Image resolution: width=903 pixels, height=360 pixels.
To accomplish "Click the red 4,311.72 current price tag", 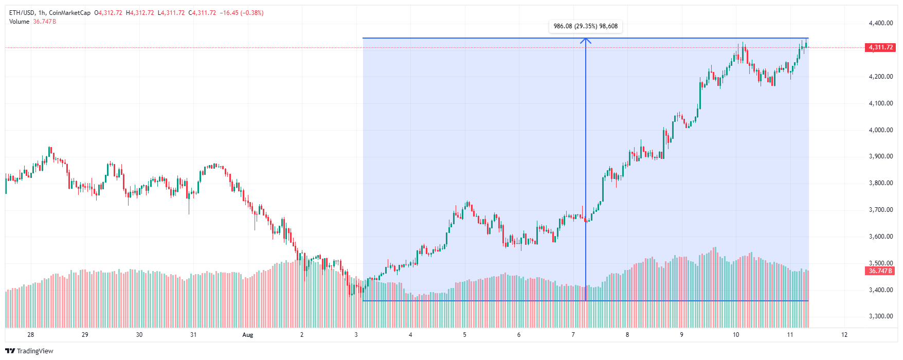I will pos(881,47).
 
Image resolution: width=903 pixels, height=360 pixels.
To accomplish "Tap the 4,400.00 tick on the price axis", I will pos(880,23).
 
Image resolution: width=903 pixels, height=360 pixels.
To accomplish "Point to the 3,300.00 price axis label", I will pos(880,316).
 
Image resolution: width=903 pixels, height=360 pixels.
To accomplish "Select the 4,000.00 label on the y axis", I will pos(880,130).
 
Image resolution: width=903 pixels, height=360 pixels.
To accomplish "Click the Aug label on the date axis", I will pos(248,335).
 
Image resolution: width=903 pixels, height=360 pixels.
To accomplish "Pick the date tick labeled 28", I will pos(31,335).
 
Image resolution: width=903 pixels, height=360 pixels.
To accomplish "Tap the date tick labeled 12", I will pos(844,335).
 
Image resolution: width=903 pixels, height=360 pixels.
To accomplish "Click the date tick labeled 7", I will pos(573,335).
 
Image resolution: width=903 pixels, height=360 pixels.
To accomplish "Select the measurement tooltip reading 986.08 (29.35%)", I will pos(585,26).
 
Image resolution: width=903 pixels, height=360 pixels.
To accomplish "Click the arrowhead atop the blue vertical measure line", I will pos(585,40).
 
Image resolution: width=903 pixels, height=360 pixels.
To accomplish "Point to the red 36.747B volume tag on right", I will pos(880,271).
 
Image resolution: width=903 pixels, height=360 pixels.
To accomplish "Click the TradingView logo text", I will pos(35,351).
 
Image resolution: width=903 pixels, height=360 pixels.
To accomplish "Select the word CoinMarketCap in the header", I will pos(69,13).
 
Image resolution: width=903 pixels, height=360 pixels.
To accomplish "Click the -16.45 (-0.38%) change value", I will pos(242,13).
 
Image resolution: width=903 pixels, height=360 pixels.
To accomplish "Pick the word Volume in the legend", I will pos(19,22).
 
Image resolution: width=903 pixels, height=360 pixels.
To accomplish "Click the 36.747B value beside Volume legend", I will pos(44,22).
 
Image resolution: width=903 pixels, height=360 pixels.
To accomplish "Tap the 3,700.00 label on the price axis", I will pos(880,210).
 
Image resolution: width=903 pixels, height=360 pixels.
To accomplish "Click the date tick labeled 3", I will pos(356,335).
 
